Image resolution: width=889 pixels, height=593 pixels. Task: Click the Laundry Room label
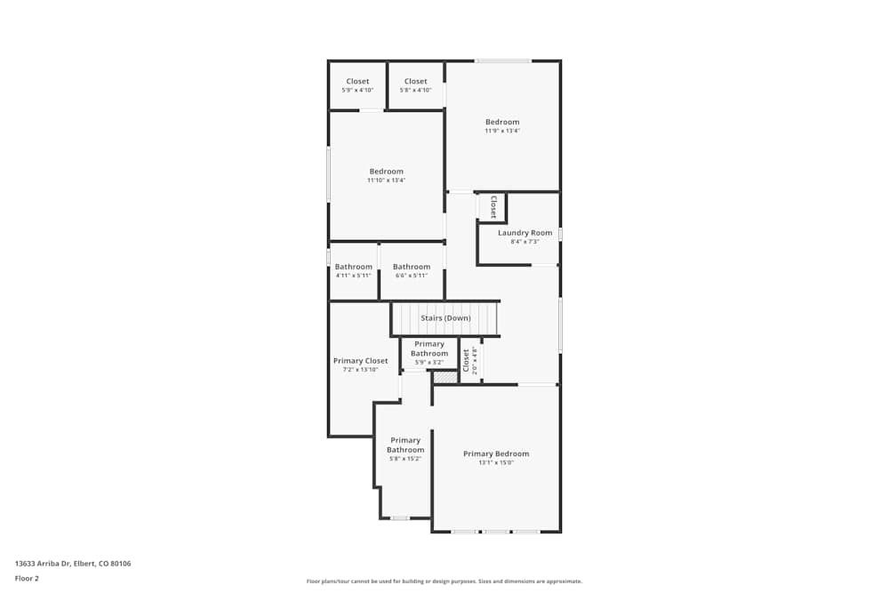coord(525,233)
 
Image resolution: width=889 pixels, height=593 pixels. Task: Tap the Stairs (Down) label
coord(445,318)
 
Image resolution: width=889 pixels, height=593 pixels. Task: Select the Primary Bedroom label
coord(495,453)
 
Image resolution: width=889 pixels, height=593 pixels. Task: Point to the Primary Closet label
coord(360,361)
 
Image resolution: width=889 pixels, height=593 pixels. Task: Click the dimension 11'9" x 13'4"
coord(501,131)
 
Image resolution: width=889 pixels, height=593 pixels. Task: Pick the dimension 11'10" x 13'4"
coord(386,180)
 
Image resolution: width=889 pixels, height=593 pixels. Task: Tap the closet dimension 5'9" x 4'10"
coord(357,90)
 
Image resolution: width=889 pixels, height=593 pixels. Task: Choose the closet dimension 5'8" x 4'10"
coord(415,90)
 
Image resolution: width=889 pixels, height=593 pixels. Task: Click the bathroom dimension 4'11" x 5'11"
coord(353,276)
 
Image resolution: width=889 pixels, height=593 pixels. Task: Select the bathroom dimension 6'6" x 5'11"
coord(412,276)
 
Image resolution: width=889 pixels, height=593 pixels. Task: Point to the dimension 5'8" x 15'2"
coord(404,459)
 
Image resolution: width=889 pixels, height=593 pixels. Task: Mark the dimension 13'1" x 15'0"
coord(495,462)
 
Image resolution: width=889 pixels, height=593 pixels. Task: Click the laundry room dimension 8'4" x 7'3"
coord(525,242)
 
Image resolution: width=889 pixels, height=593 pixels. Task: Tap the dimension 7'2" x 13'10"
coord(360,370)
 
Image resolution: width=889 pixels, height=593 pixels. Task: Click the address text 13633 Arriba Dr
coord(44,563)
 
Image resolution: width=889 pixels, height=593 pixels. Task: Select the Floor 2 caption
coord(27,578)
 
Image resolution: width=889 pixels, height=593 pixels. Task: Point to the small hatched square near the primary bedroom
coord(444,377)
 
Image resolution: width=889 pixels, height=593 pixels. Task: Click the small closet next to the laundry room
coord(493,207)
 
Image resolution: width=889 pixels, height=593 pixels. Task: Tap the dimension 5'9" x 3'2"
coord(428,363)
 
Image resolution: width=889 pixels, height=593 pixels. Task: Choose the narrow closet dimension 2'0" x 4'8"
coord(474,360)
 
